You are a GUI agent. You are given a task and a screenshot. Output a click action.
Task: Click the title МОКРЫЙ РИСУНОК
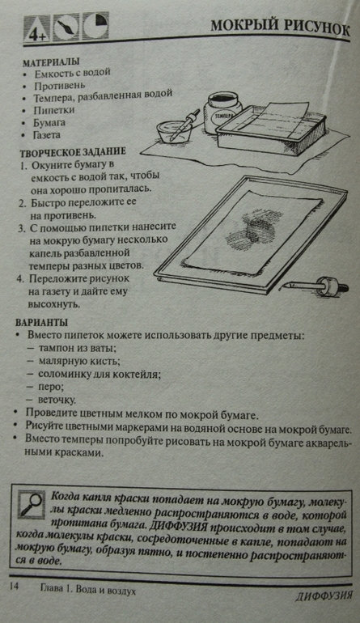280,28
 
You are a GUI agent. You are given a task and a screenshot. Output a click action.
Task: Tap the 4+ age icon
36,28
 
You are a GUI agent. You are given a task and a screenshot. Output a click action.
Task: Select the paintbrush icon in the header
66,27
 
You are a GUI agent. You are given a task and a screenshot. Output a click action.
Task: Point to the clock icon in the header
95,26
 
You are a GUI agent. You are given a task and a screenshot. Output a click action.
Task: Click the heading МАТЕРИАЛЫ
51,62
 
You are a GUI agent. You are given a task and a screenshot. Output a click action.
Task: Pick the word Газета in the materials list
47,135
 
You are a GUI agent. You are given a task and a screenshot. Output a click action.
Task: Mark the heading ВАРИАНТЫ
41,322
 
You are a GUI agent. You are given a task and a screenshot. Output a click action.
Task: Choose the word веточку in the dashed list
57,400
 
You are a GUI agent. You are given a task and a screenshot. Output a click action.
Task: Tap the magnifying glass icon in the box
31,505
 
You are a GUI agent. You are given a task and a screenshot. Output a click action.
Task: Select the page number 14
14,587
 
